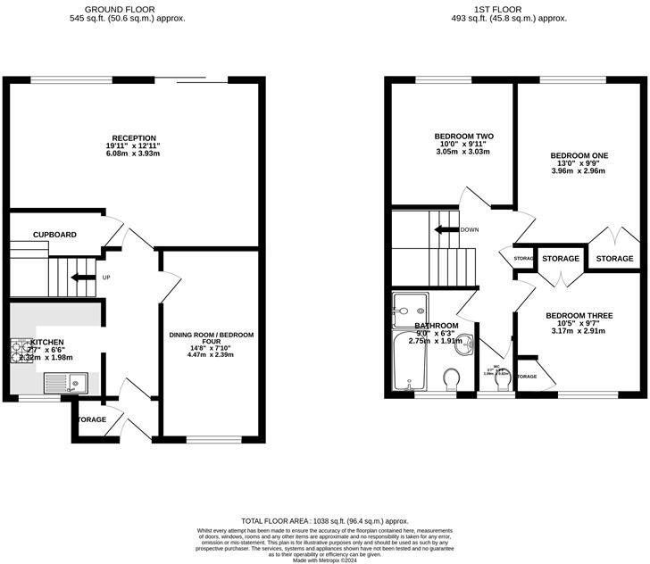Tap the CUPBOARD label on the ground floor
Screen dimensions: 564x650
(54, 235)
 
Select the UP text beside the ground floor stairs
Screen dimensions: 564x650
(106, 278)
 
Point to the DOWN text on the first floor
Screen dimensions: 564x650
(470, 229)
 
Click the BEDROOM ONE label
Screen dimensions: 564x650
(579, 155)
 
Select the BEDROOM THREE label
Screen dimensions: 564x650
(579, 316)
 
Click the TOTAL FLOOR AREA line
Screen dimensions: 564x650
(325, 520)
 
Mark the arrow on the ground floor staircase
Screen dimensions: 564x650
(82, 278)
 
